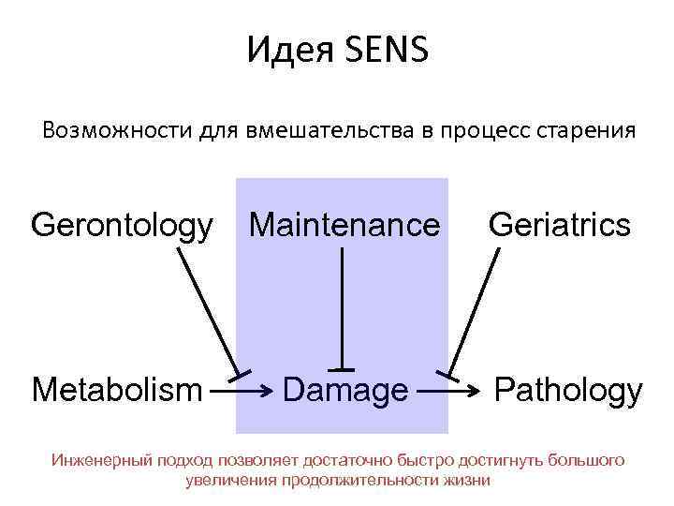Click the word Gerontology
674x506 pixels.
tap(122, 226)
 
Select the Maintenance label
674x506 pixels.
tap(344, 226)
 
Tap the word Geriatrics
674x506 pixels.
tap(560, 226)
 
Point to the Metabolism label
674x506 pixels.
tap(117, 389)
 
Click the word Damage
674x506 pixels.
tap(345, 390)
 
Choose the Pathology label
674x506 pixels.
tap(568, 389)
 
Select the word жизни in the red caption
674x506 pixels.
tap(469, 480)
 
